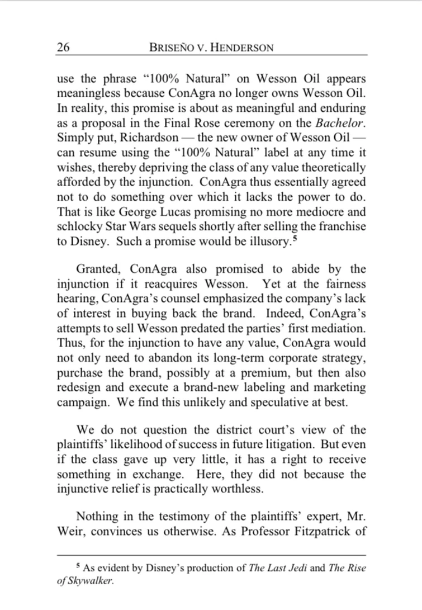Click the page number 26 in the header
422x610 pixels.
tap(63, 47)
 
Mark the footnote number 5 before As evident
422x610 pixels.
tap(78, 567)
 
